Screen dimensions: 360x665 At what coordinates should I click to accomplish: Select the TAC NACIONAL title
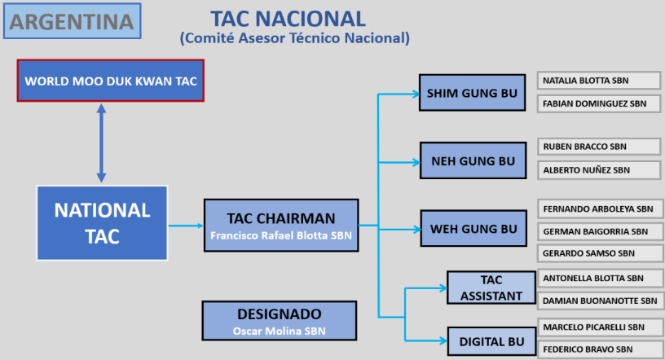288,18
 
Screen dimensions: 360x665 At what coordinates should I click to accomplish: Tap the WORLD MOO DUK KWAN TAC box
110,81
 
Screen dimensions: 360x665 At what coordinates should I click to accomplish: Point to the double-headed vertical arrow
101,143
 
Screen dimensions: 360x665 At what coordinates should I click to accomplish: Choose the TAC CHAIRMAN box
280,226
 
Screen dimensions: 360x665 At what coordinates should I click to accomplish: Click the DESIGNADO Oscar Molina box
279,321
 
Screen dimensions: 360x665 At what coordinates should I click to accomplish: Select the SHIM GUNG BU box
472,94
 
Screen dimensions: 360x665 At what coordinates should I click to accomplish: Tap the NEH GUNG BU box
472,160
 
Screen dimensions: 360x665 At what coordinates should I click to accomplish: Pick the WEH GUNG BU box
473,229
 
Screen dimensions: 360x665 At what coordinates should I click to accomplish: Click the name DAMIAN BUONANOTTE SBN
598,301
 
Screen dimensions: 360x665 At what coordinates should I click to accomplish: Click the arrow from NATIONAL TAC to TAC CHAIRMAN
186,226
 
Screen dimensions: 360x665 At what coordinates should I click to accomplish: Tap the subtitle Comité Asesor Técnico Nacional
294,37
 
